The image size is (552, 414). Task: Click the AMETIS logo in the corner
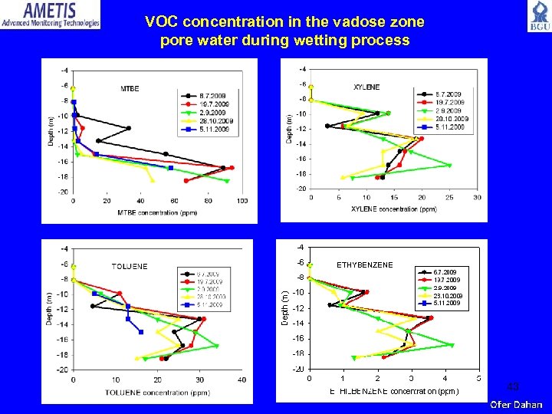coord(51,15)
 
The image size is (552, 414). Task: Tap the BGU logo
coord(538,16)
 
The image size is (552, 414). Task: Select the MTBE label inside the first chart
coord(130,89)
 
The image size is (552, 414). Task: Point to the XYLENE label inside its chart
coord(366,87)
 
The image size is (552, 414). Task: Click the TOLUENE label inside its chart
coord(130,267)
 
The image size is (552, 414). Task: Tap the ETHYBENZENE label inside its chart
coord(365,264)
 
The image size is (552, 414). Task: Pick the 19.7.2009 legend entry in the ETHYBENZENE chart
coord(447,280)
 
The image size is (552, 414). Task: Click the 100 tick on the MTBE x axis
coord(242,201)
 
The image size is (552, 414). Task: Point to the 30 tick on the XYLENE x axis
coord(477,198)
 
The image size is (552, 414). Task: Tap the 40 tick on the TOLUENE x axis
coord(242,379)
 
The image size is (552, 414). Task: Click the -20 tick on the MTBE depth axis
coord(64,192)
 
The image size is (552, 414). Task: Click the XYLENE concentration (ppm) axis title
coord(393,209)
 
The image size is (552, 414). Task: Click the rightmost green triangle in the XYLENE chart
coord(449,166)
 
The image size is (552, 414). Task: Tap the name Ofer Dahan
coord(517,404)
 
